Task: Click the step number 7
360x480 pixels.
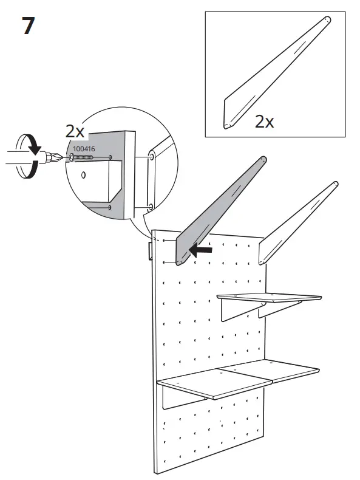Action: (29, 27)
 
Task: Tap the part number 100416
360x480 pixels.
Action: (84, 148)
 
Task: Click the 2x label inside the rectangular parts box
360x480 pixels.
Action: (264, 121)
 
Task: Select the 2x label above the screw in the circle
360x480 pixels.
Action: (76, 131)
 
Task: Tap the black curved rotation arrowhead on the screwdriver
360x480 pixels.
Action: (35, 147)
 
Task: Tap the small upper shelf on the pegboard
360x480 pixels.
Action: (270, 298)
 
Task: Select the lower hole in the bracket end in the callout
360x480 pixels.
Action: (149, 207)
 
